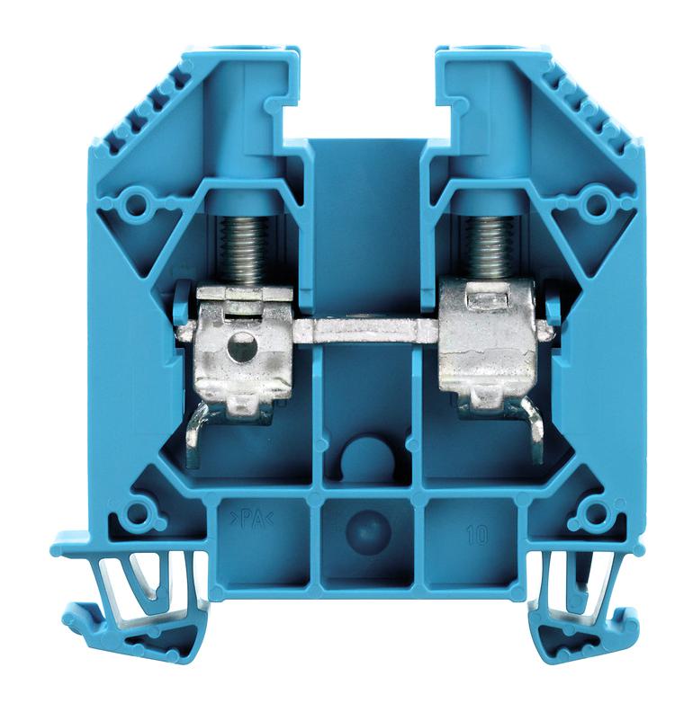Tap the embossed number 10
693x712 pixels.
[477, 537]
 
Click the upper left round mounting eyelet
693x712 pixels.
[135, 205]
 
